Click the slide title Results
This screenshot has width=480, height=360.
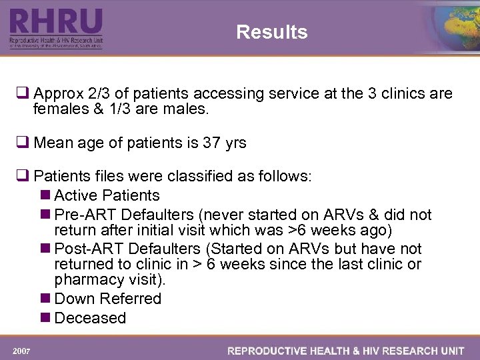click(x=271, y=32)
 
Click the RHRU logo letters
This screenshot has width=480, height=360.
click(x=56, y=22)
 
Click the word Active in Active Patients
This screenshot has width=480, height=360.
click(x=75, y=195)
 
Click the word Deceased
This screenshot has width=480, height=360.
click(x=90, y=318)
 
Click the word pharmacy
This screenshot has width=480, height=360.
click(x=86, y=279)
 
